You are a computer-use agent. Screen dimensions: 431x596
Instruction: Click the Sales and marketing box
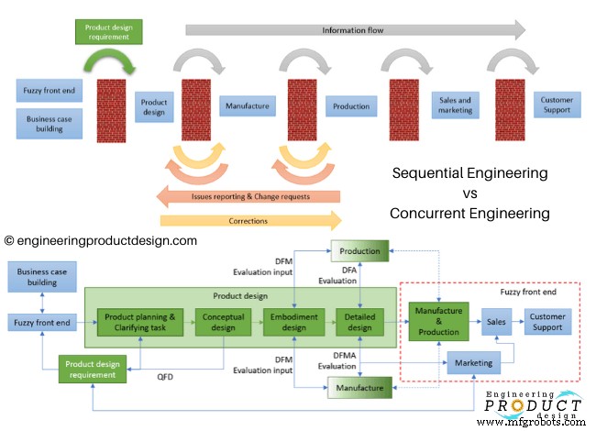(455, 105)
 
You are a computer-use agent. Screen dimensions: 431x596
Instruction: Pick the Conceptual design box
(222, 323)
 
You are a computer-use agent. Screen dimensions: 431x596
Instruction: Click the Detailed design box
(359, 323)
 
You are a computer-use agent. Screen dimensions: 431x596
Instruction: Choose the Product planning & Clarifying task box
(139, 323)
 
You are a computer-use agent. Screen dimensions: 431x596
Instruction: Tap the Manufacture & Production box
(437, 323)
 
